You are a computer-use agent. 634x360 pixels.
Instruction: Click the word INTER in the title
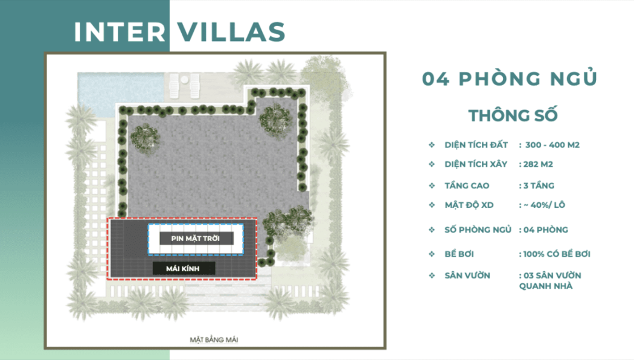tap(120, 32)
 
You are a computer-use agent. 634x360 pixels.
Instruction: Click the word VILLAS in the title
tap(232, 32)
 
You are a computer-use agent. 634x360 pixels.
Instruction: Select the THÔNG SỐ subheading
tap(513, 115)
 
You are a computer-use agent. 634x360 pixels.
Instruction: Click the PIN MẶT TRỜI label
tap(195, 238)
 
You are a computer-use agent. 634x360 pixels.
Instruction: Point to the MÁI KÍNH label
tap(183, 269)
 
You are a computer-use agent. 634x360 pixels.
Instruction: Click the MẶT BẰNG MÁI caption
tap(214, 340)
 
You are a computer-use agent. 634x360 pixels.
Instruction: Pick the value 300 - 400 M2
tap(552, 145)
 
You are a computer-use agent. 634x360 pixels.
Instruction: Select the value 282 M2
tap(538, 164)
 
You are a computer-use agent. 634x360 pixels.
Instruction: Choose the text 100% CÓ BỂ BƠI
tap(557, 254)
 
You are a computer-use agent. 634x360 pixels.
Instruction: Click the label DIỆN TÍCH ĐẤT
tap(476, 145)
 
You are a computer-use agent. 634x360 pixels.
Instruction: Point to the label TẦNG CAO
tap(467, 185)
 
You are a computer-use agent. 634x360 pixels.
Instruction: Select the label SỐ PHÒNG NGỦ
tap(478, 230)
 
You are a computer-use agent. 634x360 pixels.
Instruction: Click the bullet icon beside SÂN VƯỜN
tap(432, 275)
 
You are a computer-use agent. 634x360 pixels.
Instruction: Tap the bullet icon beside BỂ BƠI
tap(432, 254)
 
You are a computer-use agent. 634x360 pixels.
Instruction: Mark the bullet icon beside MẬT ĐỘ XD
tap(432, 205)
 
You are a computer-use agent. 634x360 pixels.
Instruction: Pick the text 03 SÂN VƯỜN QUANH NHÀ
tap(550, 281)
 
